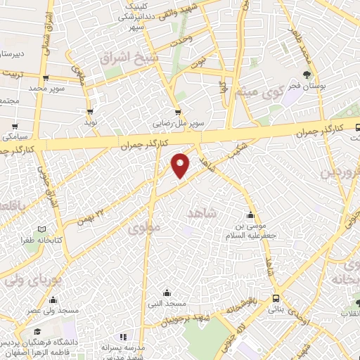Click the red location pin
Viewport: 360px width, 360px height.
pyautogui.click(x=181, y=165)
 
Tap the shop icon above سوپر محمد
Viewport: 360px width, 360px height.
pyautogui.click(x=46, y=78)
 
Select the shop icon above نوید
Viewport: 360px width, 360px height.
pyautogui.click(x=90, y=110)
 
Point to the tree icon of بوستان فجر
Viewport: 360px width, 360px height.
pyautogui.click(x=307, y=74)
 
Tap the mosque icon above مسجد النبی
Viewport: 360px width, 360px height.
pyautogui.click(x=167, y=292)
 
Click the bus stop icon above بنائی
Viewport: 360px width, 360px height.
pyautogui.click(x=277, y=297)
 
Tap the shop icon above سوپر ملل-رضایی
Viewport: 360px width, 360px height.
pyautogui.click(x=178, y=110)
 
